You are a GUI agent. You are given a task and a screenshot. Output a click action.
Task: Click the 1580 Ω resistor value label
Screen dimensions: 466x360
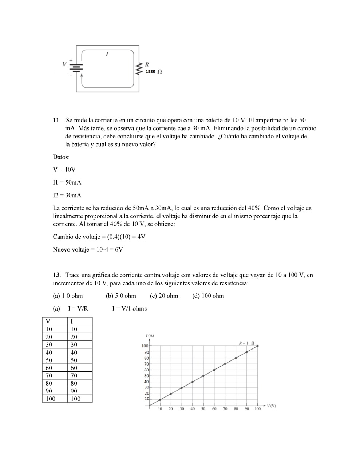pyautogui.click(x=154, y=72)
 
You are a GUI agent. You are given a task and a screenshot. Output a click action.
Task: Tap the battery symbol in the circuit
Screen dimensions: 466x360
pyautogui.click(x=76, y=68)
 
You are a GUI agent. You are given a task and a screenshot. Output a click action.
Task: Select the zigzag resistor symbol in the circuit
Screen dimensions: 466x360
pyautogui.click(x=138, y=68)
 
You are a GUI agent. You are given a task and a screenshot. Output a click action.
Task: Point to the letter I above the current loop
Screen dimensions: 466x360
pyautogui.click(x=107, y=54)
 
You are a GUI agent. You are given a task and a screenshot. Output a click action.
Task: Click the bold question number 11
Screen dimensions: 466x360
pyautogui.click(x=56, y=120)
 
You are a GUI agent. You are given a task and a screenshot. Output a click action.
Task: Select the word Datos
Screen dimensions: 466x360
pyautogui.click(x=61, y=157)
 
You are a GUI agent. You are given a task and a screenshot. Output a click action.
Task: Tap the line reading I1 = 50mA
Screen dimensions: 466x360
pyautogui.click(x=67, y=182)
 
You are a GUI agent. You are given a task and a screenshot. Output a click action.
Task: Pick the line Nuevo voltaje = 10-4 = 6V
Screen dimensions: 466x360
pyautogui.click(x=88, y=250)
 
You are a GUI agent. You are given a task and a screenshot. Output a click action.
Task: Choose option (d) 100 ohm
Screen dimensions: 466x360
pyautogui.click(x=208, y=296)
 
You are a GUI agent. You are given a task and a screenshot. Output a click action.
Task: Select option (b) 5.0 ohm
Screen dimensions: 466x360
pyautogui.click(x=121, y=296)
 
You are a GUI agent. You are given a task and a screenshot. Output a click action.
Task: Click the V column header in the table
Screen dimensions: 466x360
pyautogui.click(x=47, y=321)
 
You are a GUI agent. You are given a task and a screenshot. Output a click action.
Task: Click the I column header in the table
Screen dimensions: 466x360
pyautogui.click(x=72, y=321)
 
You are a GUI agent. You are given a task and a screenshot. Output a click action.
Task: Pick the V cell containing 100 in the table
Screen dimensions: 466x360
pyautogui.click(x=51, y=399)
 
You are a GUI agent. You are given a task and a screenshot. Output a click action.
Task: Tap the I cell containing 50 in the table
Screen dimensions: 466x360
pyautogui.click(x=74, y=360)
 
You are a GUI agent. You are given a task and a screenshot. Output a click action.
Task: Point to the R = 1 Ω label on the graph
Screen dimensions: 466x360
pyautogui.click(x=246, y=343)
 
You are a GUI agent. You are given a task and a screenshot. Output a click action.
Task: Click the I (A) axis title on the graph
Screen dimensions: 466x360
pyautogui.click(x=149, y=335)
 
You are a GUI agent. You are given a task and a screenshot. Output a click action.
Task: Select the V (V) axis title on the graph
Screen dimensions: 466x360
pyautogui.click(x=271, y=406)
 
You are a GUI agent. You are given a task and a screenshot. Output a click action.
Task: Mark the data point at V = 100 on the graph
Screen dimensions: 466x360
pyautogui.click(x=258, y=346)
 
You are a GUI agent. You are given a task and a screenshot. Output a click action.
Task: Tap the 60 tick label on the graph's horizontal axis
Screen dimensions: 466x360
pyautogui.click(x=214, y=409)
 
